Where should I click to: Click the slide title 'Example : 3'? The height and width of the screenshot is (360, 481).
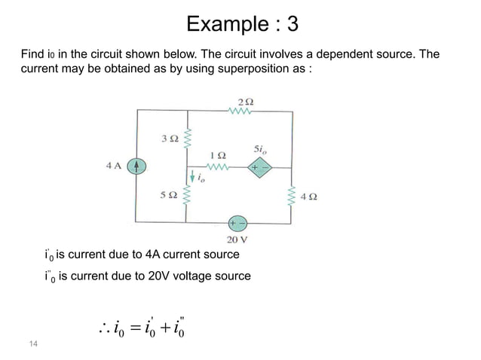[242, 24]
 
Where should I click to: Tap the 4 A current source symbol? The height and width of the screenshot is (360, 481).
[136, 167]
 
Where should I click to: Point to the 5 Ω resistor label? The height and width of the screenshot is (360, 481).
[168, 195]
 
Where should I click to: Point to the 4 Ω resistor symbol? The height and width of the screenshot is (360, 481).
[291, 197]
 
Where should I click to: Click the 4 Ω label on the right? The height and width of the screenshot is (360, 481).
[308, 197]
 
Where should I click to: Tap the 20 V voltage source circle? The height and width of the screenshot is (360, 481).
[237, 223]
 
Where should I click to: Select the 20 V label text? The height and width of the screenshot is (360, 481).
[237, 240]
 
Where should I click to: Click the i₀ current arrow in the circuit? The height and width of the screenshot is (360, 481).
[194, 178]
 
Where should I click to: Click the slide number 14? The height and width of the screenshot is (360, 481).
[32, 343]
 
